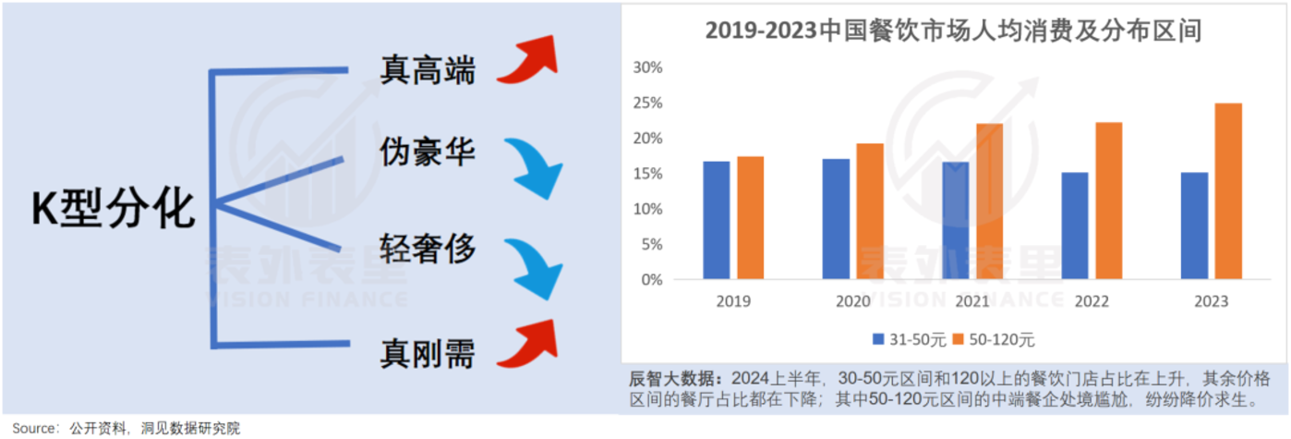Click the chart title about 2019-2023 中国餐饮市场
[953, 30]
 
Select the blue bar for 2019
[716, 220]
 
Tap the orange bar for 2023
[1227, 191]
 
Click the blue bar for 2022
[1075, 226]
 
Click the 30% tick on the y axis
[647, 67]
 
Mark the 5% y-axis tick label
[651, 245]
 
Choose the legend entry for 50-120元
[995, 339]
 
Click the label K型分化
[114, 210]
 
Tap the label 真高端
[428, 69]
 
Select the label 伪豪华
[428, 151]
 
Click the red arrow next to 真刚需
[527, 344]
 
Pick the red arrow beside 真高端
[527, 61]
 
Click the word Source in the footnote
[34, 428]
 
